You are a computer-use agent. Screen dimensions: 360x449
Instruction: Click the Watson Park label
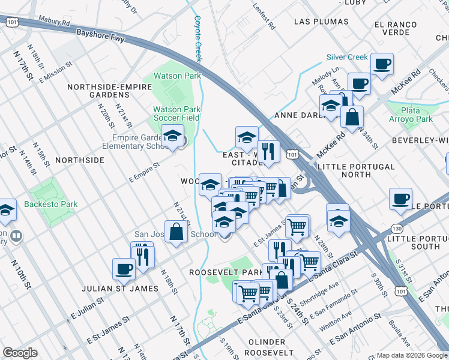coord(177,76)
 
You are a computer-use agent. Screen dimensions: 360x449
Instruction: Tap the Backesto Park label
coord(51,205)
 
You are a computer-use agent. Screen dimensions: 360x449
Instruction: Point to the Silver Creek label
coord(347,58)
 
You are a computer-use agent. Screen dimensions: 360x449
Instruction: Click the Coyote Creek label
coord(197,38)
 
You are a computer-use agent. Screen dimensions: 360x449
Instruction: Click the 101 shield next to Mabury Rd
coord(11,22)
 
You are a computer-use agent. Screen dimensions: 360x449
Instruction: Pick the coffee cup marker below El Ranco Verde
coord(382,64)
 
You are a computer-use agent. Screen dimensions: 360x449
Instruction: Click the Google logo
coord(20,353)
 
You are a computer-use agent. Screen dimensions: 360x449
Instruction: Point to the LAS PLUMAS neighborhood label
coord(321,22)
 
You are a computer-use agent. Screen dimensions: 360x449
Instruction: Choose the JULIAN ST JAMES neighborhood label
coord(123,289)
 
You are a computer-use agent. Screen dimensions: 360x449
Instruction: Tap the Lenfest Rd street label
coord(264,19)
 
